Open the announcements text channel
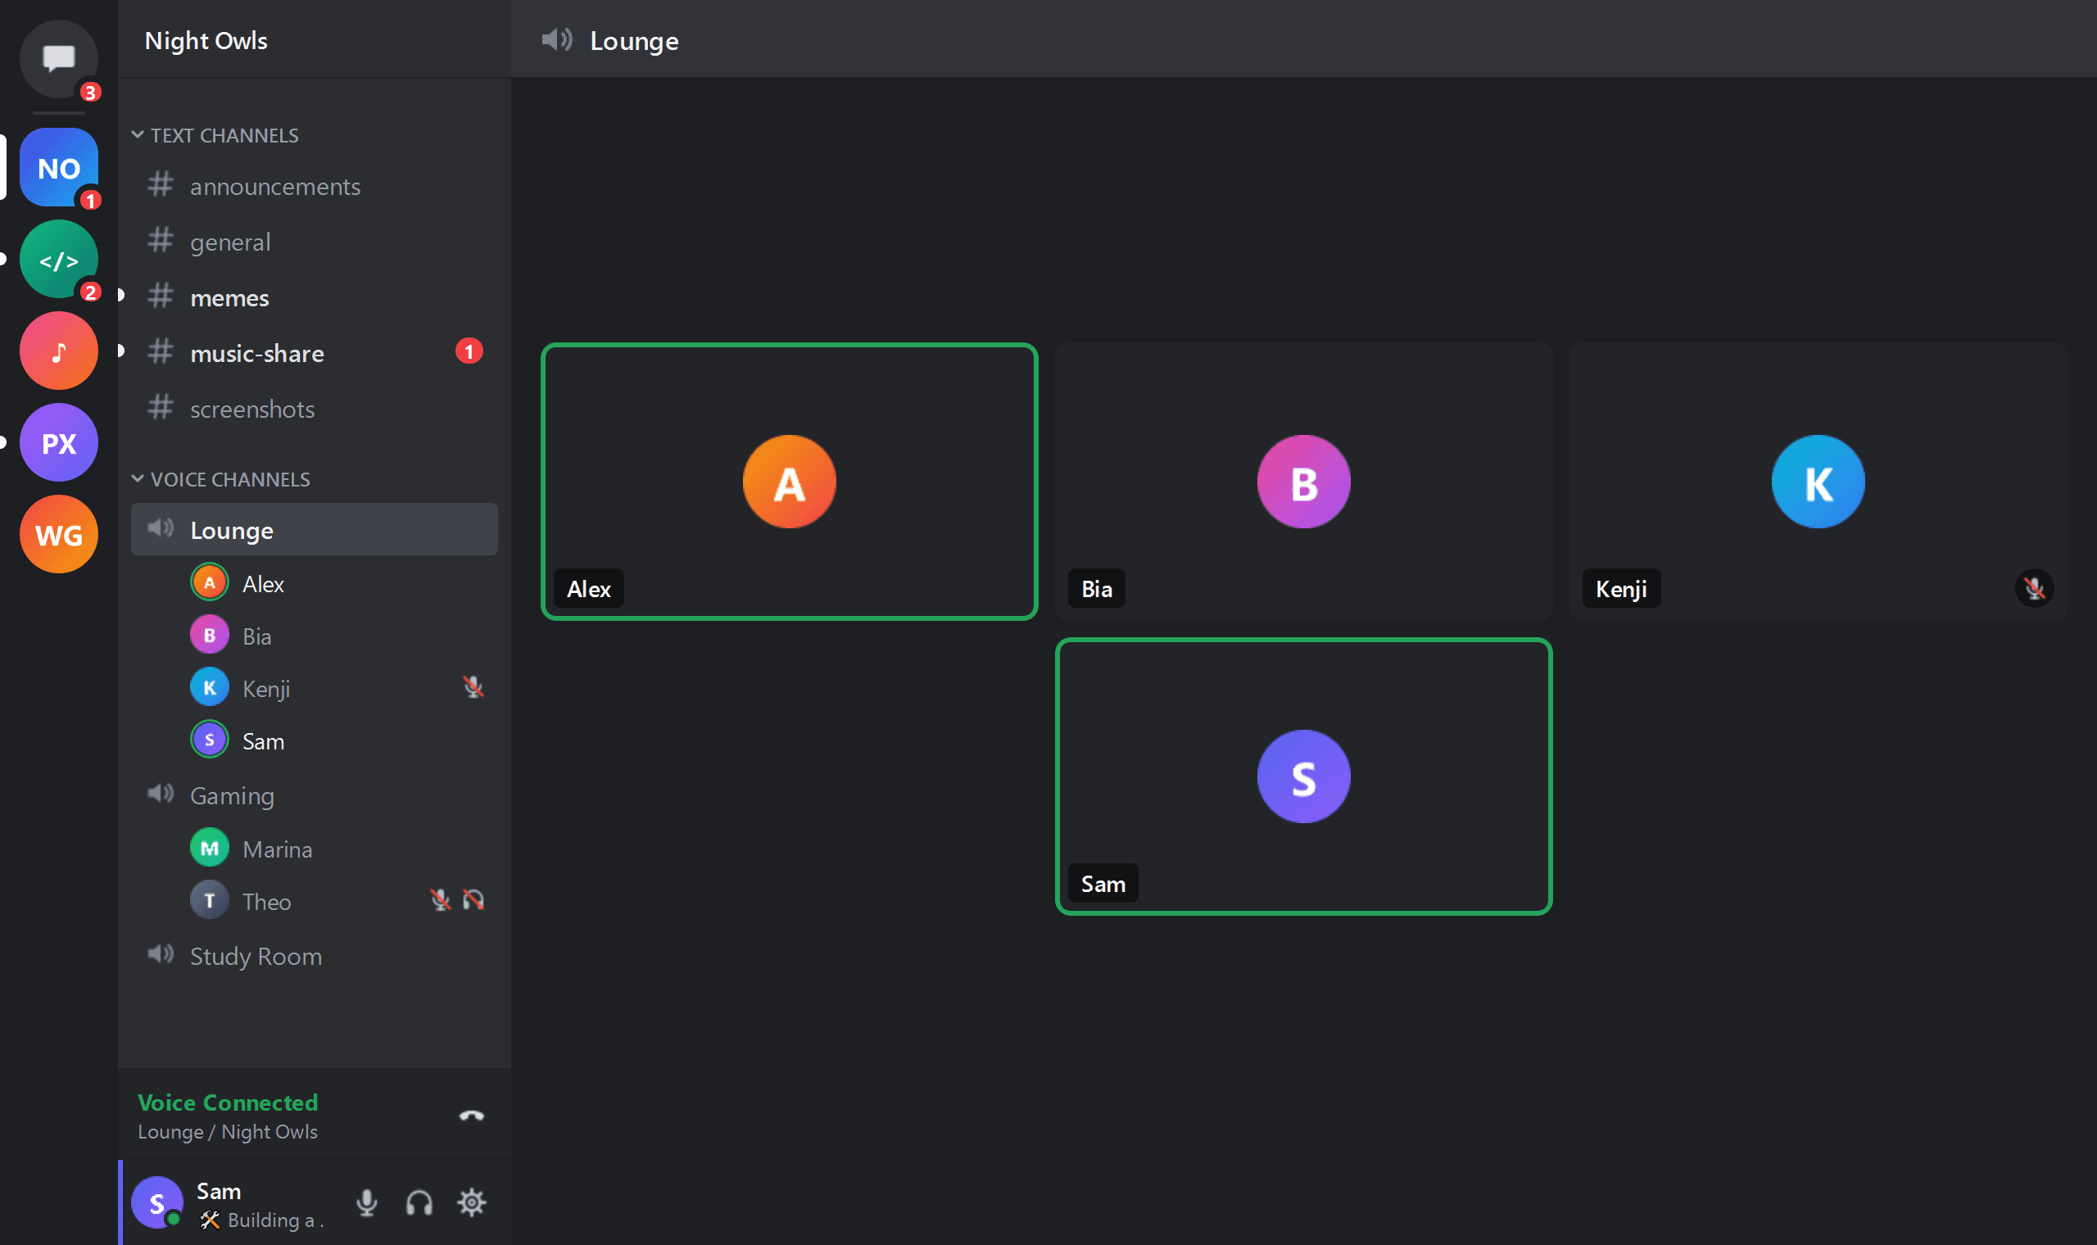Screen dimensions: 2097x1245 click(274, 186)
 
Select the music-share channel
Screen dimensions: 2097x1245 click(256, 353)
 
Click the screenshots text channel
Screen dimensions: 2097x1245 click(251, 409)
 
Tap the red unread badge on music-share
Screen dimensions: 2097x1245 click(469, 351)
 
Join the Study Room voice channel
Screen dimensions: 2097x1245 click(256, 956)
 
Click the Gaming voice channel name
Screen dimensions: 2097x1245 click(232, 795)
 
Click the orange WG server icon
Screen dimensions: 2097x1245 click(59, 534)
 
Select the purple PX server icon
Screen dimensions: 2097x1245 click(59, 442)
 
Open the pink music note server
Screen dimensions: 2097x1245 click(59, 351)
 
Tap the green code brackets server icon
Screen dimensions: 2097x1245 click(59, 259)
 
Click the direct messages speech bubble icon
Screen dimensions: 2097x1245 click(59, 59)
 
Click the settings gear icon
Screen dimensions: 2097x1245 click(471, 1202)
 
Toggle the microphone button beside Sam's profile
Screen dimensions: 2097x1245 click(366, 1202)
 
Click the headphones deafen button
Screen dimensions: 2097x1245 click(419, 1202)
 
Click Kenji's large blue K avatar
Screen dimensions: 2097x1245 click(1818, 482)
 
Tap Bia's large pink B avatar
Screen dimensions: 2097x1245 click(1303, 482)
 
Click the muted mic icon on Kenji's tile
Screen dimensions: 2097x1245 click(2034, 588)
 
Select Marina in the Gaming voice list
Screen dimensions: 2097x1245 click(277, 849)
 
